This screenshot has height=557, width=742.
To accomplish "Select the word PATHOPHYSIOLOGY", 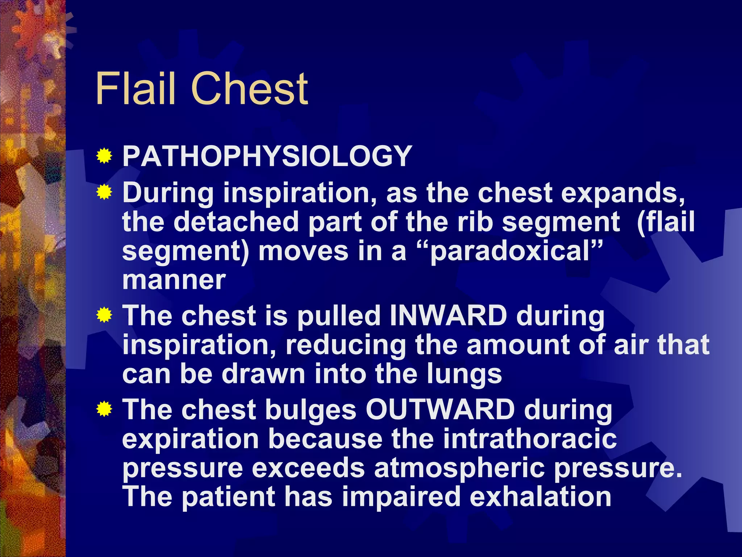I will point(267,156).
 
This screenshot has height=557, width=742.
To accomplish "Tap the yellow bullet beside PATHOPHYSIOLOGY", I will point(104,156).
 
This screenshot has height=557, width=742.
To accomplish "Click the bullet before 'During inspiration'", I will point(104,192).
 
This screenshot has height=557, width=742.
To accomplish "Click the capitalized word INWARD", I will point(448,315).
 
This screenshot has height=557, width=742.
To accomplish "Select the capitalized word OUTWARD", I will point(440,410).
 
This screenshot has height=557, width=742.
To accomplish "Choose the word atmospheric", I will point(459,469).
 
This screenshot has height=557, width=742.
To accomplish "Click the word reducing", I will point(346,346).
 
